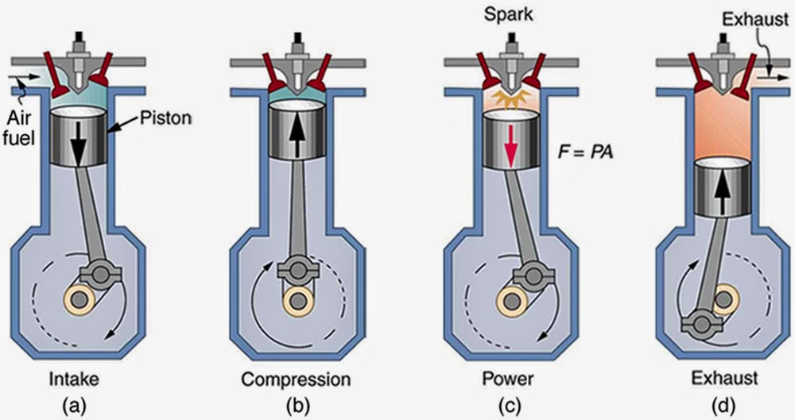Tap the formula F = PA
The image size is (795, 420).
coord(586,151)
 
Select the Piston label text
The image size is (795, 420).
coord(165,118)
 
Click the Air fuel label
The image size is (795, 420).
coord(18,127)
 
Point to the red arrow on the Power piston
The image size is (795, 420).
coord(511,148)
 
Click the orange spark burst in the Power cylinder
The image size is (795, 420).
coord(510,98)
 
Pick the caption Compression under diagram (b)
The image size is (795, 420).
coord(296,379)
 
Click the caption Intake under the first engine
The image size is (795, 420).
coord(74,379)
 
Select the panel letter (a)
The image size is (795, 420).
coord(73,405)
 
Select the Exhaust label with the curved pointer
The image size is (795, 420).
coord(748,21)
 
